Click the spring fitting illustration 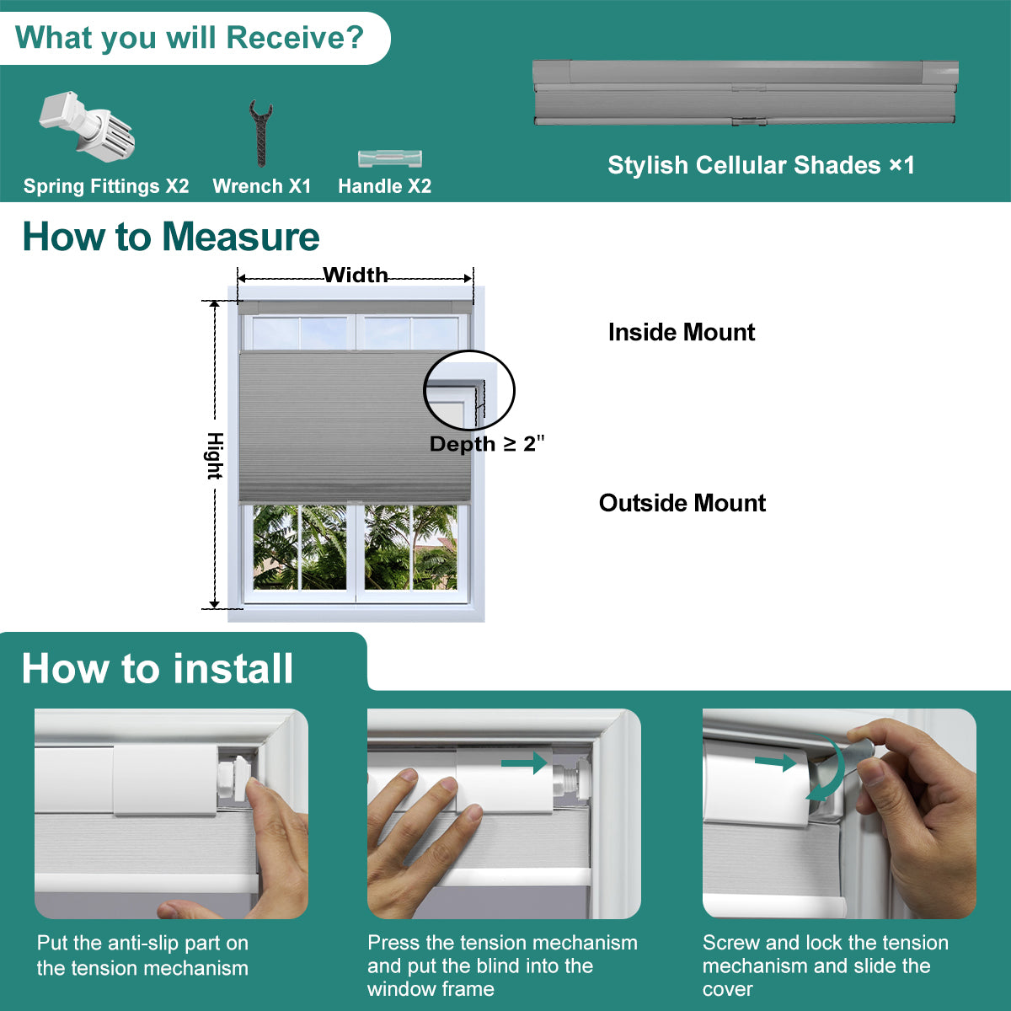87,126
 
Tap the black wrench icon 260,133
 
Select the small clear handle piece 390,158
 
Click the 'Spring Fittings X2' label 106,186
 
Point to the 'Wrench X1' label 262,186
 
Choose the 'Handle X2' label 384,186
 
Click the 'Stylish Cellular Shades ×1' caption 762,165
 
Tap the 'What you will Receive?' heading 190,38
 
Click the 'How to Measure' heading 171,237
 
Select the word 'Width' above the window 356,275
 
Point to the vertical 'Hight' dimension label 215,456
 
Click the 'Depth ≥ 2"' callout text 487,444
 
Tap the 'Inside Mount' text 682,332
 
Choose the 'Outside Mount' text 682,503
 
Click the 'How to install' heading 158,669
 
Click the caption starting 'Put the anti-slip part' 142,955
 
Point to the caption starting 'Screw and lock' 826,966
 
